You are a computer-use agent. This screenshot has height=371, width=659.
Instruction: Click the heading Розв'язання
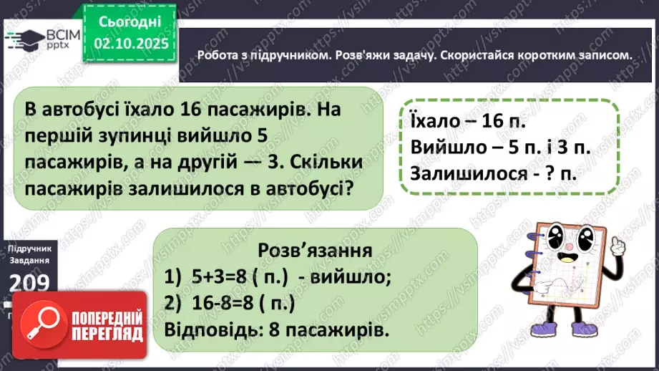coord(316,251)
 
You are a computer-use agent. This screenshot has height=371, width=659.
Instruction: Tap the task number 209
coord(28,284)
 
